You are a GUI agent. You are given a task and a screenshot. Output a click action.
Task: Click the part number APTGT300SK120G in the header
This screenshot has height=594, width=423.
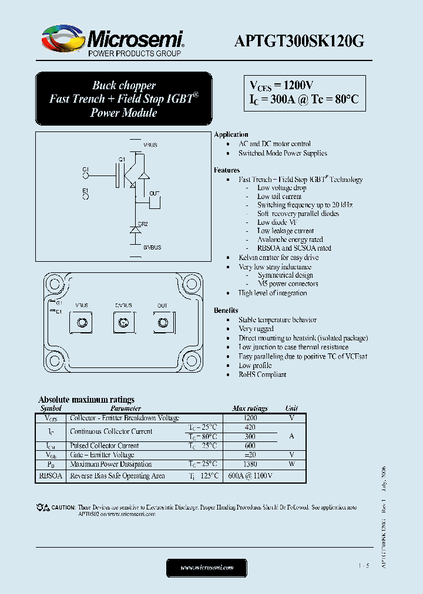[299, 41]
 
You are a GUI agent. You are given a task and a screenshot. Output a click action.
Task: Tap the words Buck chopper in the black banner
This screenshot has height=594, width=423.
[123, 86]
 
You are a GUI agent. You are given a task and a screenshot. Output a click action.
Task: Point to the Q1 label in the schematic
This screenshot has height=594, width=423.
[122, 160]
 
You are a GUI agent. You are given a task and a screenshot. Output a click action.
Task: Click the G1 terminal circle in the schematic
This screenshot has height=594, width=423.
[86, 175]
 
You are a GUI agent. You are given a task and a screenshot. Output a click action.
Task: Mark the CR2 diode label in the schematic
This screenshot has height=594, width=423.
[143, 224]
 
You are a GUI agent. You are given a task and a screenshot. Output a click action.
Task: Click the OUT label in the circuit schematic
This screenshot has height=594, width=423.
[154, 193]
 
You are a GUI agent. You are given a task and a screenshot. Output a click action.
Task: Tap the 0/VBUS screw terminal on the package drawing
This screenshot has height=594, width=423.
[123, 322]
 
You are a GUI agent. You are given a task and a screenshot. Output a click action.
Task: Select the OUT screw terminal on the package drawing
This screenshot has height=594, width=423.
[162, 322]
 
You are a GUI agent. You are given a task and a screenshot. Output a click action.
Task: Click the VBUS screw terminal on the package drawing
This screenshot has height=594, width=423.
[82, 322]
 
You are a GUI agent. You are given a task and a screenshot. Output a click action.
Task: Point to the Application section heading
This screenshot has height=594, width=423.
[231, 134]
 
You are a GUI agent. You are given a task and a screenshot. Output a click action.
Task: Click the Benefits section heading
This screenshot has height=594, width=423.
[226, 310]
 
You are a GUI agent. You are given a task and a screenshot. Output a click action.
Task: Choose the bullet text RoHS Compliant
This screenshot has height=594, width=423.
[262, 374]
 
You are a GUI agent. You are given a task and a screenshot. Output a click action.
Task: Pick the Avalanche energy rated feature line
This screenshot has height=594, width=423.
[290, 239]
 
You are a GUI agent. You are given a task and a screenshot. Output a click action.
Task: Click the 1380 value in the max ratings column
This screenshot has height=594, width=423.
[250, 464]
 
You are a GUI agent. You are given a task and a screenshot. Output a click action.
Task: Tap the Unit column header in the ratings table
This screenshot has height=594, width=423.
[291, 408]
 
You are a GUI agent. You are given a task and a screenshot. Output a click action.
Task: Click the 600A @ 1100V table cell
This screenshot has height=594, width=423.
[250, 476]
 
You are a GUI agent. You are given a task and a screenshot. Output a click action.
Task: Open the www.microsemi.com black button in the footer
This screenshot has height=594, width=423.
[207, 568]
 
